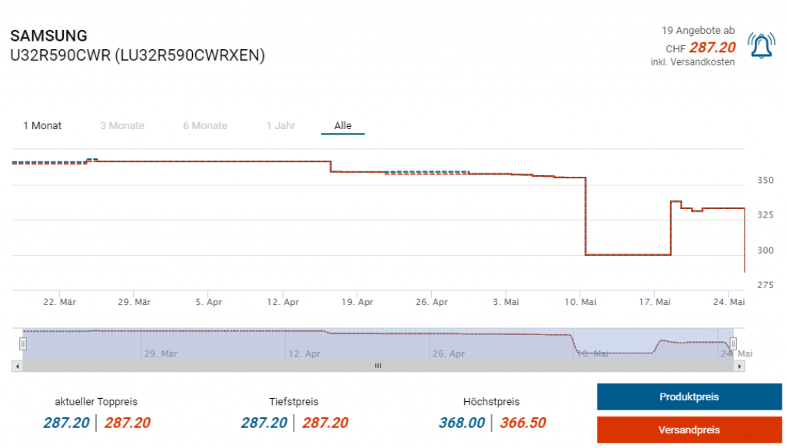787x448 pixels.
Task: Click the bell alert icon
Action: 761,46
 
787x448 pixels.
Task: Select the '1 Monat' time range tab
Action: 42,125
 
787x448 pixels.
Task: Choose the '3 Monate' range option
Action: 122,125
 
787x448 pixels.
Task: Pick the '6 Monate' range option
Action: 205,125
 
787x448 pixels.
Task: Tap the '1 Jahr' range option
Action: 281,125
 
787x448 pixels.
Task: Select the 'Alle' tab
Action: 343,125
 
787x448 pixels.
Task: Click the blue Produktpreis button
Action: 689,397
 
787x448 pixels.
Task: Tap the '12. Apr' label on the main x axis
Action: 283,302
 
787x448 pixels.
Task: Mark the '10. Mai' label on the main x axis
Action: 580,302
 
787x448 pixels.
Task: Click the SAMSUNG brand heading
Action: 48,36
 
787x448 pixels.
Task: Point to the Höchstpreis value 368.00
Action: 461,423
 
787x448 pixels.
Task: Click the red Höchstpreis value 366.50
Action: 523,423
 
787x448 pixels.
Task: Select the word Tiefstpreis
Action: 294,402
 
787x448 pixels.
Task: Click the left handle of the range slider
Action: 23,343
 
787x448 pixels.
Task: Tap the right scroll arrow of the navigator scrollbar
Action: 740,366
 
